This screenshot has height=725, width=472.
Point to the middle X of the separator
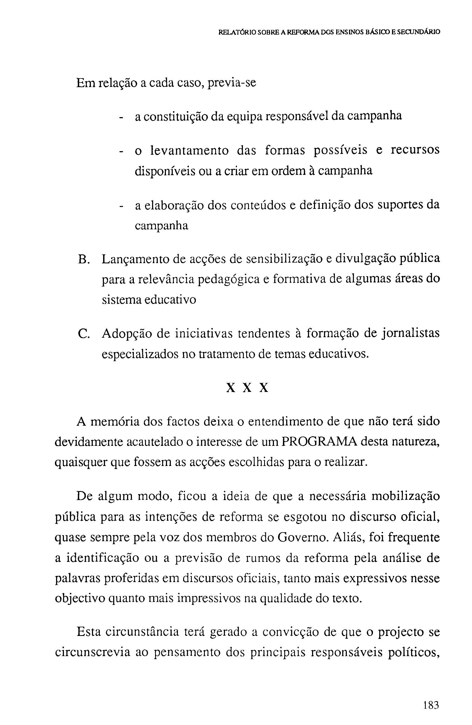coord(247,388)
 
